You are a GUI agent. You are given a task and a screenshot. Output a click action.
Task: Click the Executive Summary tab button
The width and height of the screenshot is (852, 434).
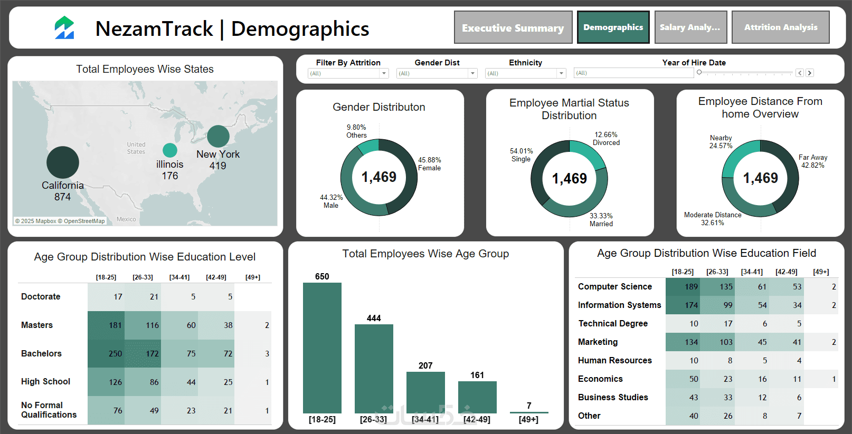(x=513, y=27)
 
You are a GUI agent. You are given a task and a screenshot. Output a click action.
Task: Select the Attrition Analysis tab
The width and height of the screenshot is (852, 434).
(x=780, y=27)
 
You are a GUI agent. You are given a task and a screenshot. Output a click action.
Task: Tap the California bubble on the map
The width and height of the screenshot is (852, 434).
(x=63, y=162)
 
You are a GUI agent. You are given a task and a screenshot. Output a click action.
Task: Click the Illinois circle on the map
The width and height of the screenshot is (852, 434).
(x=170, y=150)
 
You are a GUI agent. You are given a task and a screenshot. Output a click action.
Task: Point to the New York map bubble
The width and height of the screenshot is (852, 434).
(x=218, y=136)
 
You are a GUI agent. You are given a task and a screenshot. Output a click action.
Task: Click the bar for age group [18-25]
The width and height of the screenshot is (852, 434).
(x=322, y=348)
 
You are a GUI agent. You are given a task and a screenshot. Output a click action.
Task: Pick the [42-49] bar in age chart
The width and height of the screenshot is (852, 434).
(x=477, y=397)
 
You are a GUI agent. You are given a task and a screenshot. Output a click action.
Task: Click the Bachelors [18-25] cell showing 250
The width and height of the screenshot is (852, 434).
(x=106, y=353)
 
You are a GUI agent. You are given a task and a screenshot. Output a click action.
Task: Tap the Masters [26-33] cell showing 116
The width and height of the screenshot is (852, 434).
(x=143, y=325)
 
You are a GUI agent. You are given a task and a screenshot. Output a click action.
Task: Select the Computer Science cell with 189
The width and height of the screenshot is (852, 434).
(x=683, y=287)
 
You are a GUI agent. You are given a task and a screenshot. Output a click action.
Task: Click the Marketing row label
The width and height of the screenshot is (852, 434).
(x=598, y=342)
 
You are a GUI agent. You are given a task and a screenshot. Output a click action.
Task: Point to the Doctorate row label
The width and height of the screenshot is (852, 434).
(x=41, y=296)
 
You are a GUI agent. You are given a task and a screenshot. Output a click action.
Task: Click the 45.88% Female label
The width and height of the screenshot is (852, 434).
(x=429, y=164)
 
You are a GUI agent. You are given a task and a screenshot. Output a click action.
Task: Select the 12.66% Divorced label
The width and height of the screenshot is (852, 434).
(x=606, y=139)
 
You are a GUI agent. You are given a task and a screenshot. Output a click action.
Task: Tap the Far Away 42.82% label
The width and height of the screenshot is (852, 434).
(x=813, y=161)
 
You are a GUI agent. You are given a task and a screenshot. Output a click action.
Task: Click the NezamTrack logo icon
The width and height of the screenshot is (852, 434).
(x=64, y=28)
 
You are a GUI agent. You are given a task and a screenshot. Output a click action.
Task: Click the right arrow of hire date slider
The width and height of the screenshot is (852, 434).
(x=810, y=73)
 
